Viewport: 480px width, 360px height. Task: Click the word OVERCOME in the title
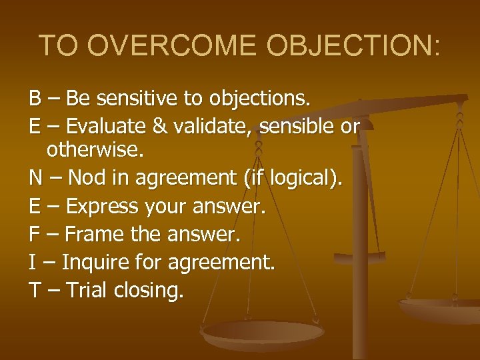tap(171, 45)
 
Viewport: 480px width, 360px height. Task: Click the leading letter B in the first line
tap(35, 99)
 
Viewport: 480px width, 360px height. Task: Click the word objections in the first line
tap(259, 99)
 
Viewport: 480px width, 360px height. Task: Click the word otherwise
tap(95, 151)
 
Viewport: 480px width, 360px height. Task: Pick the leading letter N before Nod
tap(36, 179)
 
